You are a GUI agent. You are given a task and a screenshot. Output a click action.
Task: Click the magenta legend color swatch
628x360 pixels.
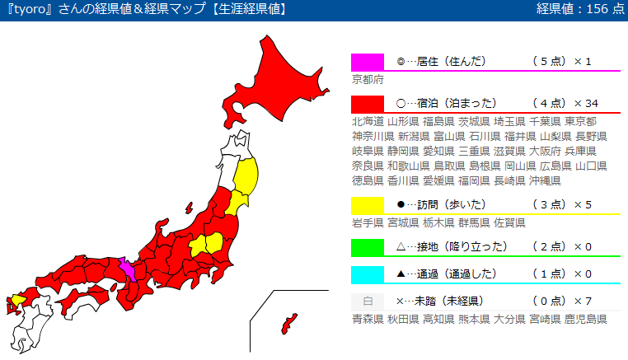367,62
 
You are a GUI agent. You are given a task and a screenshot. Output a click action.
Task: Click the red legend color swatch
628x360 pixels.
367,104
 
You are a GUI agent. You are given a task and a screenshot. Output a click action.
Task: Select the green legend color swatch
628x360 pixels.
367,246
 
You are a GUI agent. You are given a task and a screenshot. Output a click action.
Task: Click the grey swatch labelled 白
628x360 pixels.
367,301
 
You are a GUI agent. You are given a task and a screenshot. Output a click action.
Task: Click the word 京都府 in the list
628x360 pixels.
368,80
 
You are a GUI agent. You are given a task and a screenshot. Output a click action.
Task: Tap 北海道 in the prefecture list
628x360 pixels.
368,121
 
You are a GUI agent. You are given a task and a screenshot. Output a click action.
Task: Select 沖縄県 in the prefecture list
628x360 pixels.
546,180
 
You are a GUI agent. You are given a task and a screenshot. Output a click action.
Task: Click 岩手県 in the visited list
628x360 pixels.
368,222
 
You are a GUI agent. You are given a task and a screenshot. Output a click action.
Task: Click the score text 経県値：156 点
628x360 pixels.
579,9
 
